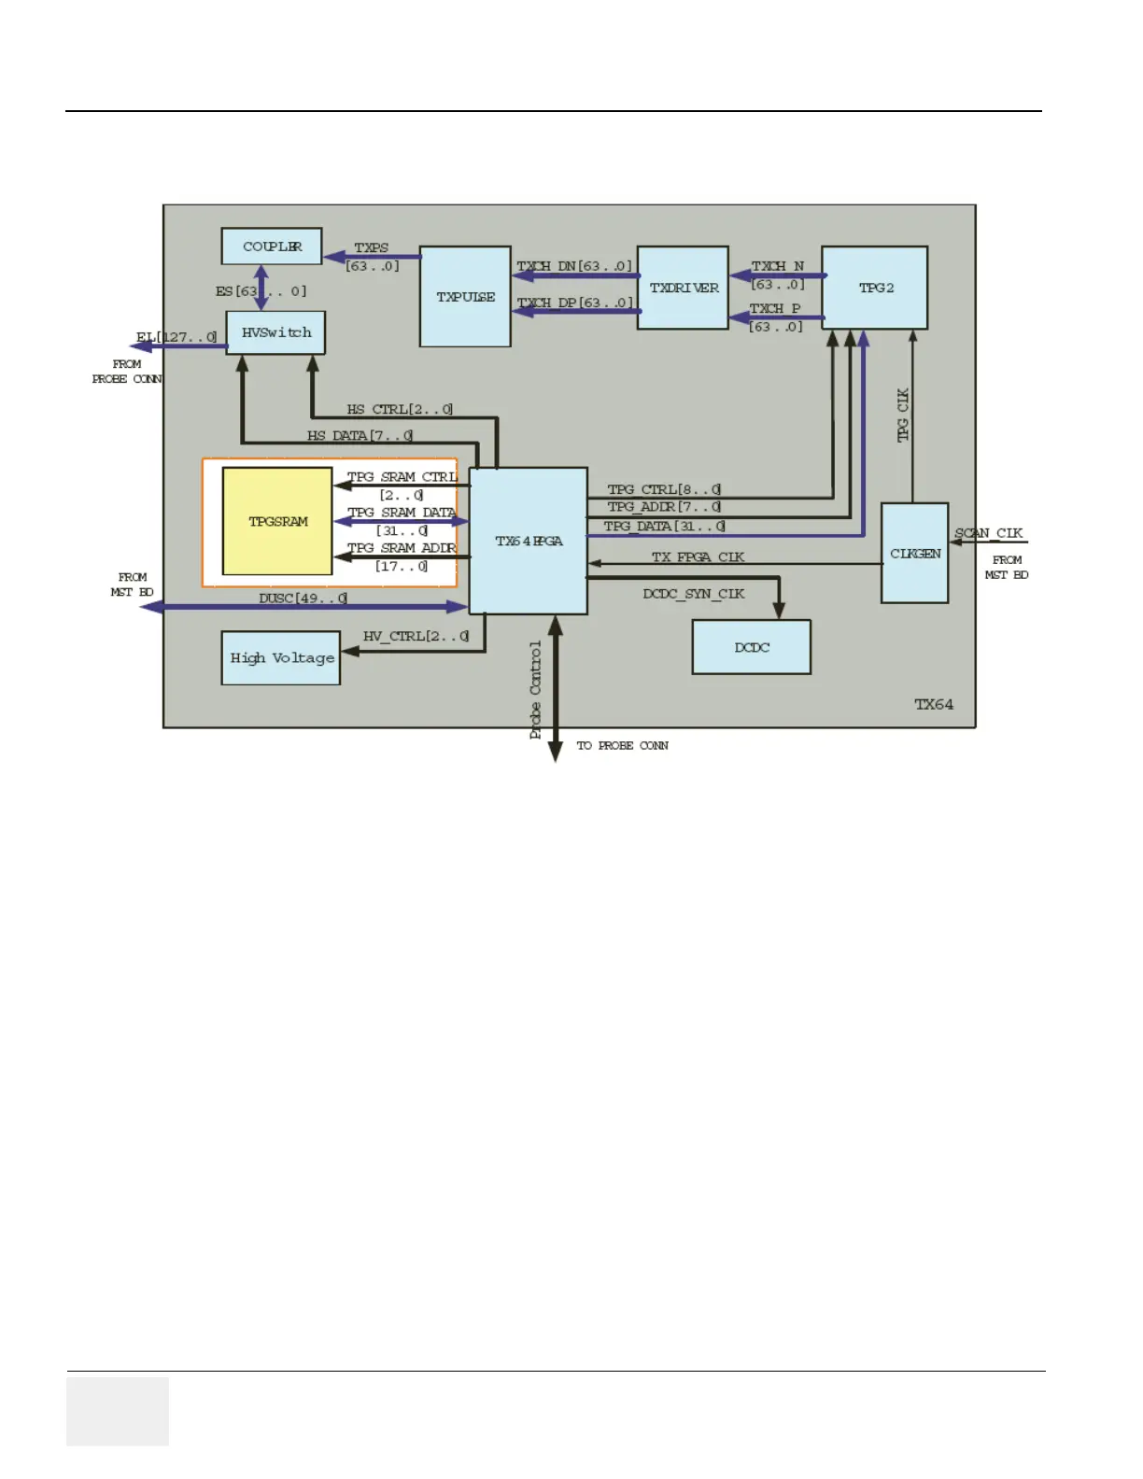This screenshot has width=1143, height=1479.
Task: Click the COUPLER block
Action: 272,246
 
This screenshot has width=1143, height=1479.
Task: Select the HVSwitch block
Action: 275,332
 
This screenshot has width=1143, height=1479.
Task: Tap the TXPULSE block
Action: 465,297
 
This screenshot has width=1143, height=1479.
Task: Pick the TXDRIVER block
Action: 683,288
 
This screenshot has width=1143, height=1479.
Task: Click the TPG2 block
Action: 875,288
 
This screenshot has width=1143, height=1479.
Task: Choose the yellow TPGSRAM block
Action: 277,521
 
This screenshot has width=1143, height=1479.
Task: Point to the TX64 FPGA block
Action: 528,541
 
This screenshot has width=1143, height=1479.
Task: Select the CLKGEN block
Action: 915,553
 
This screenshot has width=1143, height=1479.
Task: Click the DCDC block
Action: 752,647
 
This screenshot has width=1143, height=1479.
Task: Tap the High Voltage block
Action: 281,658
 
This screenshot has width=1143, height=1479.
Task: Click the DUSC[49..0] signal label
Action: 303,598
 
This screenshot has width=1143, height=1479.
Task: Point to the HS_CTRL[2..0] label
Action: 400,409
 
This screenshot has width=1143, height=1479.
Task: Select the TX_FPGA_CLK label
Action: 698,556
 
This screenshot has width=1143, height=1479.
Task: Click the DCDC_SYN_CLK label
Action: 693,594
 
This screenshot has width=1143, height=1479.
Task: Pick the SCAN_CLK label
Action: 988,533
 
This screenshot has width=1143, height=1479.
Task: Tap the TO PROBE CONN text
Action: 622,745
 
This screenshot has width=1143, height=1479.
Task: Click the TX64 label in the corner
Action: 934,704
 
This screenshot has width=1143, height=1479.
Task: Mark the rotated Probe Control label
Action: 536,690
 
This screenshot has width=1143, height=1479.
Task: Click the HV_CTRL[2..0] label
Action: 416,636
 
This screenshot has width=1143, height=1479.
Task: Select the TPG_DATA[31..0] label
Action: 664,526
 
